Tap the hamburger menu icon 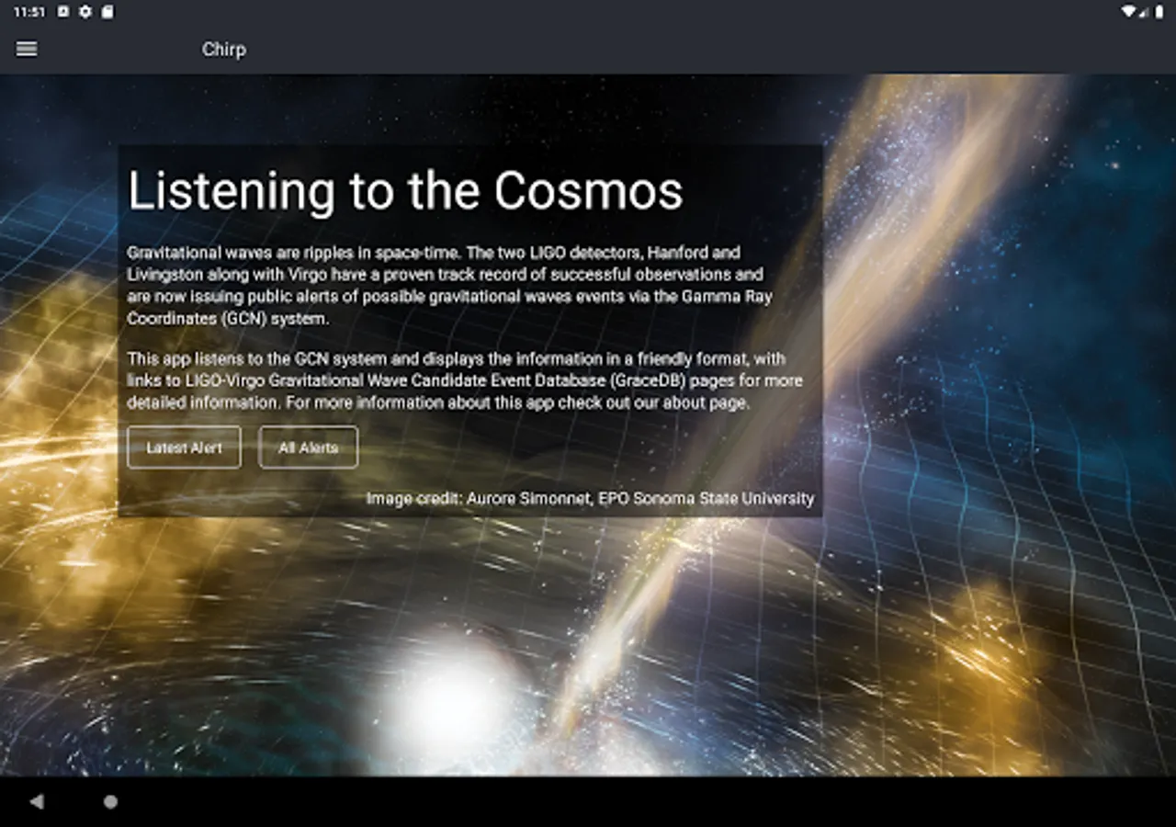click(x=27, y=49)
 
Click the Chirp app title click(x=224, y=50)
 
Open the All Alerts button click(x=308, y=447)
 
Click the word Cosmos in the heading click(x=589, y=190)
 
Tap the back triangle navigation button click(x=36, y=801)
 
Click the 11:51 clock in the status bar click(x=29, y=12)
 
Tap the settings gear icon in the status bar click(x=85, y=12)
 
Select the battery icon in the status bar click(x=1159, y=12)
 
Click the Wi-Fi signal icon click(x=1127, y=12)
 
